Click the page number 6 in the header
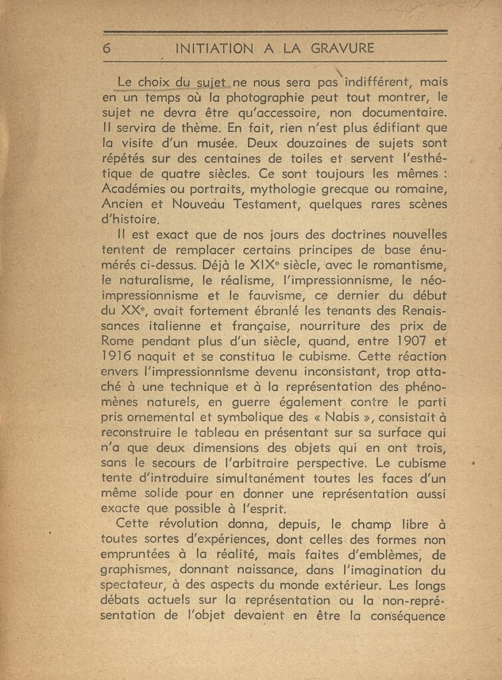tap(106, 48)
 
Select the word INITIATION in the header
tap(210, 48)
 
